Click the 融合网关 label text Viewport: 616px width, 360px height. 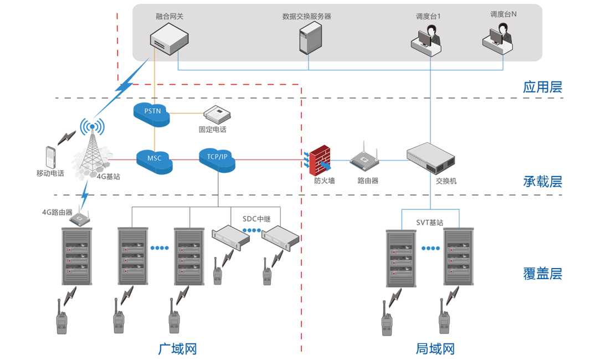(170, 17)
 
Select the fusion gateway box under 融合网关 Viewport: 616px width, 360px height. (169, 40)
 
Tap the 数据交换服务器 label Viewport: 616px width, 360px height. (306, 17)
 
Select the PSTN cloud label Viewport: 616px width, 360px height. (153, 111)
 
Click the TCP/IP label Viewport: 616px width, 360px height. (217, 157)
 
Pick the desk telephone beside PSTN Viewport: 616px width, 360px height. (217, 115)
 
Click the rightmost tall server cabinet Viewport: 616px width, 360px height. (458, 257)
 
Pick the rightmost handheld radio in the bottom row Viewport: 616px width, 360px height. (444, 320)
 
